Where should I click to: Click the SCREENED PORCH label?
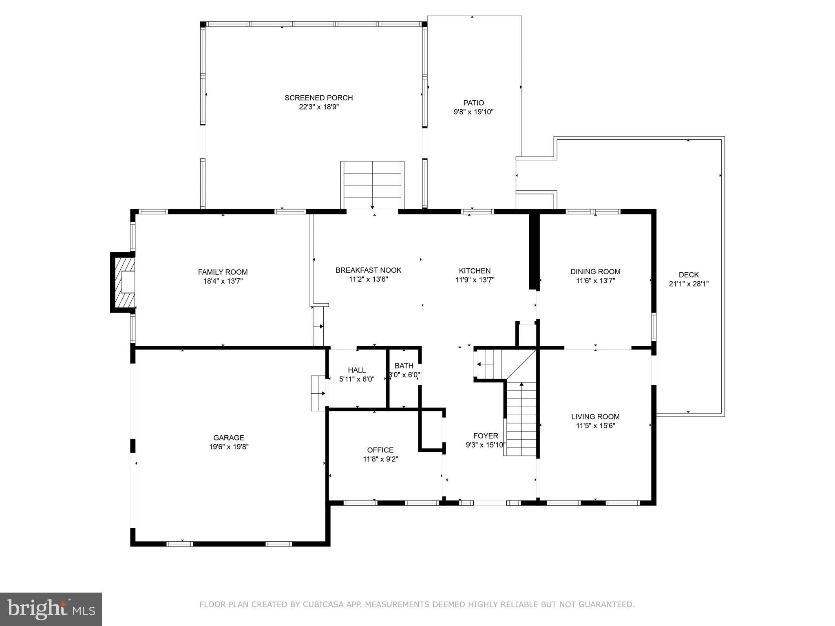[318, 98]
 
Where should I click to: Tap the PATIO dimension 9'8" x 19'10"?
[473, 112]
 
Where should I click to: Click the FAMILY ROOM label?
[223, 272]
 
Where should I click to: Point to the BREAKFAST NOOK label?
[368, 270]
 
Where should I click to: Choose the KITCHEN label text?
[475, 271]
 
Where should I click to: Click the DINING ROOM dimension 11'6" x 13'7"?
[595, 281]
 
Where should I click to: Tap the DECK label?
[689, 275]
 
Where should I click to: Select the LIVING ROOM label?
[595, 417]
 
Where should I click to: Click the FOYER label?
[486, 436]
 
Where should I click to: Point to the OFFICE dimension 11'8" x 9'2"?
[380, 459]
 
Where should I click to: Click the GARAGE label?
[229, 438]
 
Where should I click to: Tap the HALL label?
[357, 370]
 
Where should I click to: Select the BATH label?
[404, 366]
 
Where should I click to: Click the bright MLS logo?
[51, 609]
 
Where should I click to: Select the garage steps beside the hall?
[318, 393]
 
